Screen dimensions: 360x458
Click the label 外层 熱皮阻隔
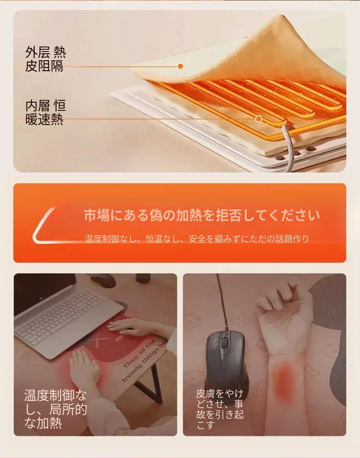pos(45,59)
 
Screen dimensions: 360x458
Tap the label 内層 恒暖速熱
pos(45,113)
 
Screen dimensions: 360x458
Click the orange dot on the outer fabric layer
pos(180,66)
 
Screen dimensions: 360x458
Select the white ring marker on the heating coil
pos(258,119)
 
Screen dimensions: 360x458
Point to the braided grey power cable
pos(288,146)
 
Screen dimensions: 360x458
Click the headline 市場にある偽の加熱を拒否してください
pos(202,215)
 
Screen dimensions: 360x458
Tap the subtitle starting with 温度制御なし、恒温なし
pos(197,239)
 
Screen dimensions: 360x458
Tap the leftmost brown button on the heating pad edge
pos(280,158)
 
